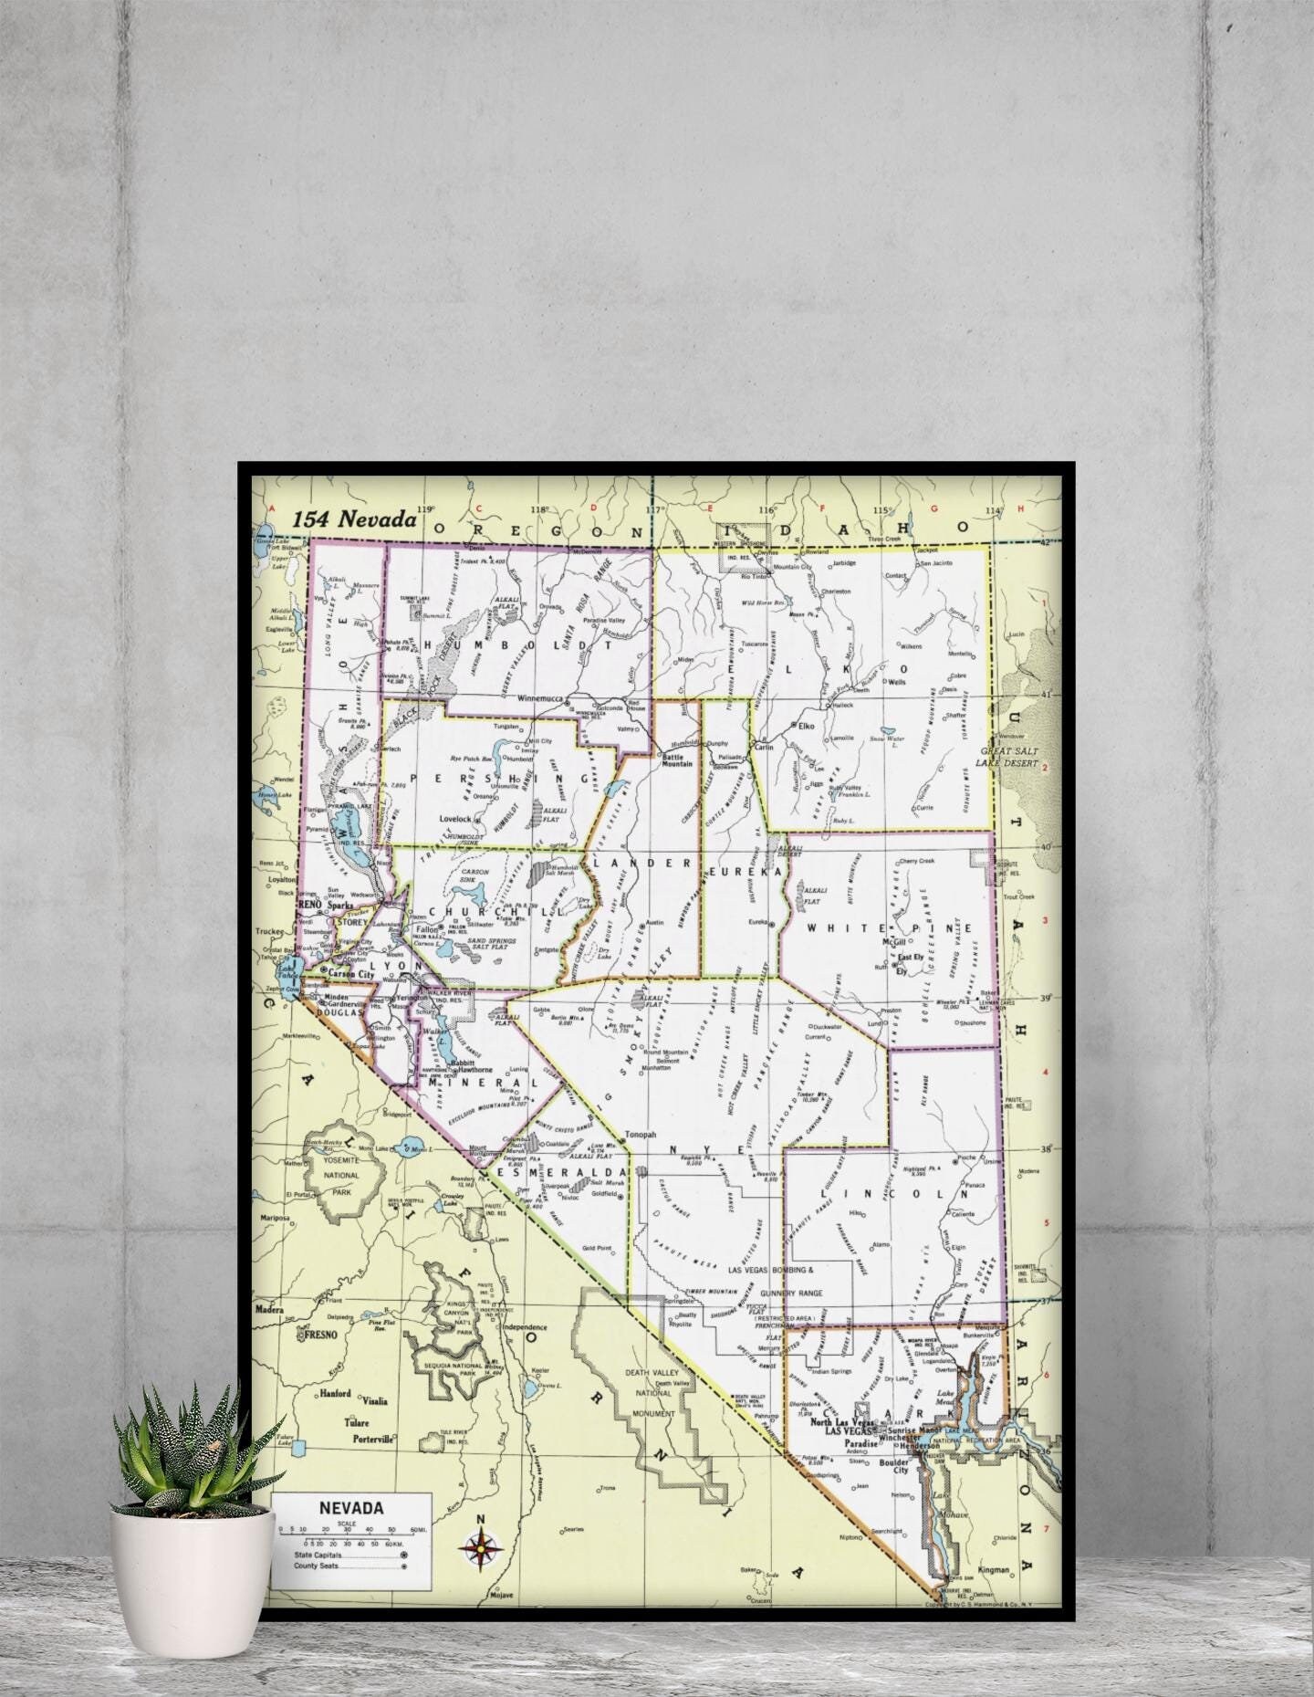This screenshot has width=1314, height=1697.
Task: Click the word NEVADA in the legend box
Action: (351, 1507)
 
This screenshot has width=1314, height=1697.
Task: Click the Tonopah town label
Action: (640, 1135)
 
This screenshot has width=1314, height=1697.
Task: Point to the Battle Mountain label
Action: (677, 759)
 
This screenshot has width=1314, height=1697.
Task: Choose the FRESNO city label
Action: (320, 1334)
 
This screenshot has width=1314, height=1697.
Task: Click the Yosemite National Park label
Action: (341, 1176)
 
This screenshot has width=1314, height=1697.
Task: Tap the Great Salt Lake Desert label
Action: (1009, 757)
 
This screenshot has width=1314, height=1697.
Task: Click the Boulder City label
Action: (894, 1465)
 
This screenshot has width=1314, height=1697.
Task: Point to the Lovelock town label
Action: (456, 819)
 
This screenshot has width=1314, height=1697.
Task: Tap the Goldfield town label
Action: (605, 1193)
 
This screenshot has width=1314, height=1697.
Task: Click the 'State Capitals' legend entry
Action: (318, 1555)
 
